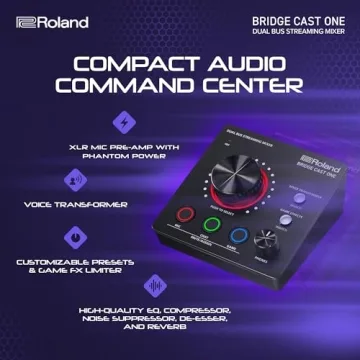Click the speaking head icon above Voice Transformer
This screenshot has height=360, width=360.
point(76,181)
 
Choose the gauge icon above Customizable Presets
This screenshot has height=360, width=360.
point(76,236)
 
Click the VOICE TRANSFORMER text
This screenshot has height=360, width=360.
point(76,204)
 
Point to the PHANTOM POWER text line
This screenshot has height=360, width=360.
point(125,156)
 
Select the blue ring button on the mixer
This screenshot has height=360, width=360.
point(238,237)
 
